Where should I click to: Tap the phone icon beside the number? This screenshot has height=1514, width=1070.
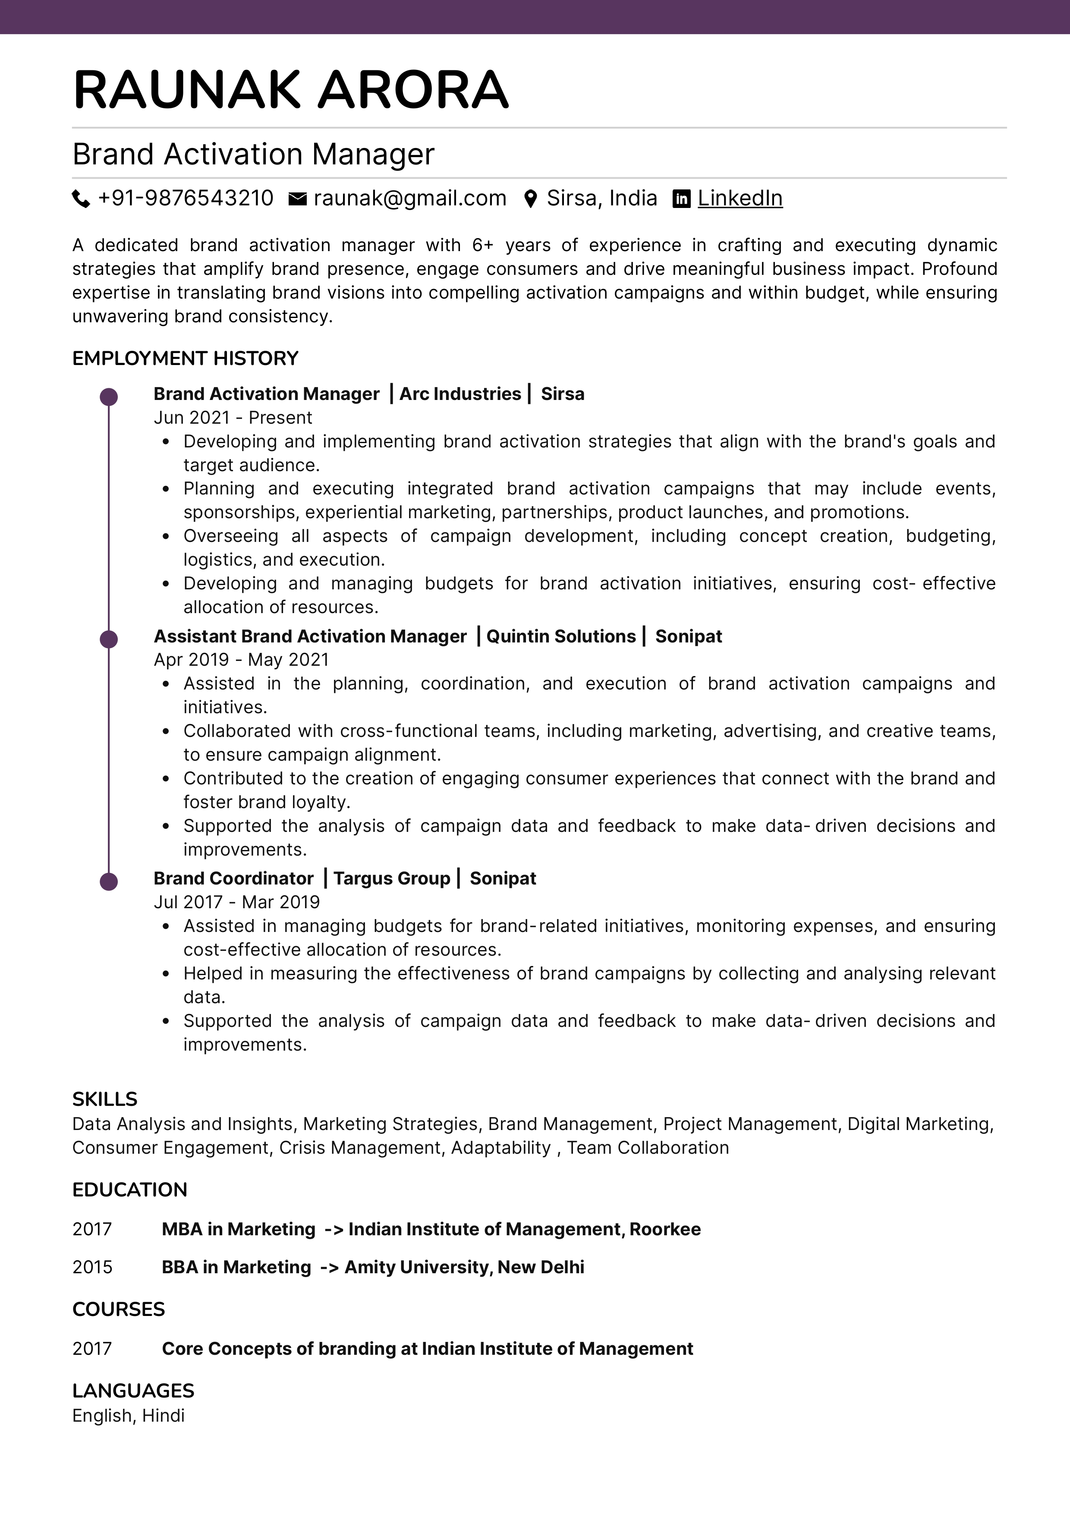coord(80,198)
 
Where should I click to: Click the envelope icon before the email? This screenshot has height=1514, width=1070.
coord(298,198)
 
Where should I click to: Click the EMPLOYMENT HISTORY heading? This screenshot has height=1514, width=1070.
coord(185,358)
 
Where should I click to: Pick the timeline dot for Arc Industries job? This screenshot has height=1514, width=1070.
coord(109,397)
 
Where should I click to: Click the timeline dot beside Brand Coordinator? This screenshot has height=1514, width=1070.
coord(109,881)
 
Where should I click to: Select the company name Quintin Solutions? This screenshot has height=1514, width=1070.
coord(561,636)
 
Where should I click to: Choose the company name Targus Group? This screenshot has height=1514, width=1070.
coord(392,878)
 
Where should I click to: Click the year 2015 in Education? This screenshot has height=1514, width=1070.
coord(92,1267)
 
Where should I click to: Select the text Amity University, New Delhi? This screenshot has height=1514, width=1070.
coord(464,1267)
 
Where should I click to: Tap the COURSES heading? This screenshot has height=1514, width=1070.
coord(119,1309)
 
